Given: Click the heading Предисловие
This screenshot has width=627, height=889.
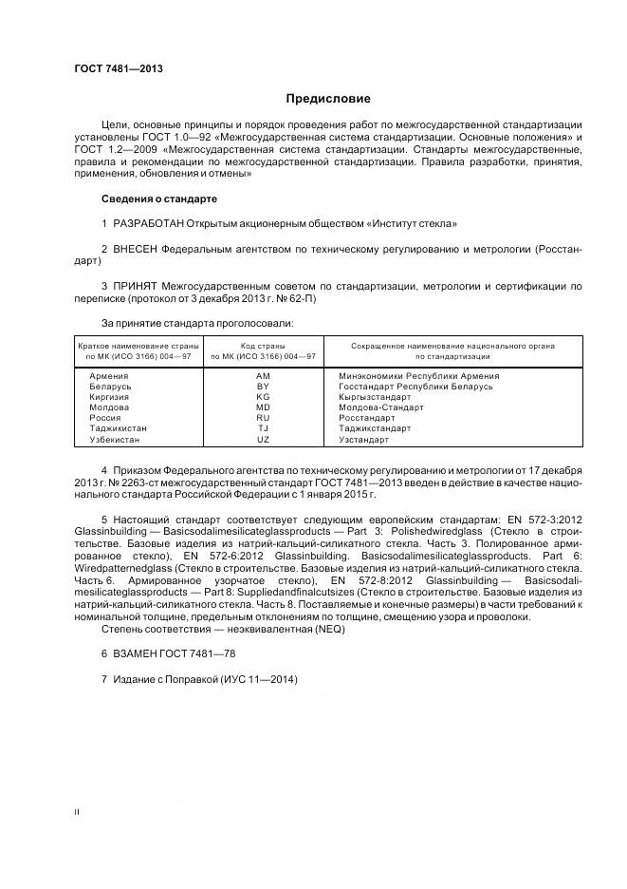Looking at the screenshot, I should (x=329, y=99).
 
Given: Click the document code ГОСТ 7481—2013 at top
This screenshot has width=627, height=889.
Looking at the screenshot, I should (x=111, y=68).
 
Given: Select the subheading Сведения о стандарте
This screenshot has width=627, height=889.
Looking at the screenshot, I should (x=158, y=199).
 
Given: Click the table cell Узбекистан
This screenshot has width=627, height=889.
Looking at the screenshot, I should (x=115, y=440).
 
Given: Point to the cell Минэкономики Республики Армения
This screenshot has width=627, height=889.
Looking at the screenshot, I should (x=418, y=376).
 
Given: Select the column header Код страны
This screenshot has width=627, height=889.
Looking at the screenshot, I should (x=263, y=346).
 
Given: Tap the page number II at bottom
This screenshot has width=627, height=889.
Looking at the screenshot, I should (x=77, y=812).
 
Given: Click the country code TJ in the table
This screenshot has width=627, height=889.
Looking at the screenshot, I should (x=263, y=429).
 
